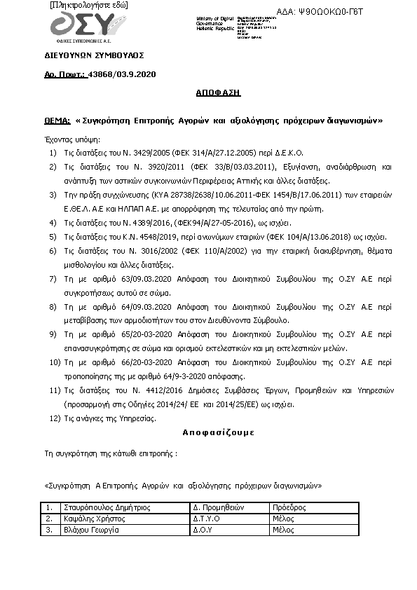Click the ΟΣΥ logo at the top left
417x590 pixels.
coord(82,29)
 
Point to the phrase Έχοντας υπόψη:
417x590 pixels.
coord(72,139)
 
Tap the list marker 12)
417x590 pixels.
coord(51,418)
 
